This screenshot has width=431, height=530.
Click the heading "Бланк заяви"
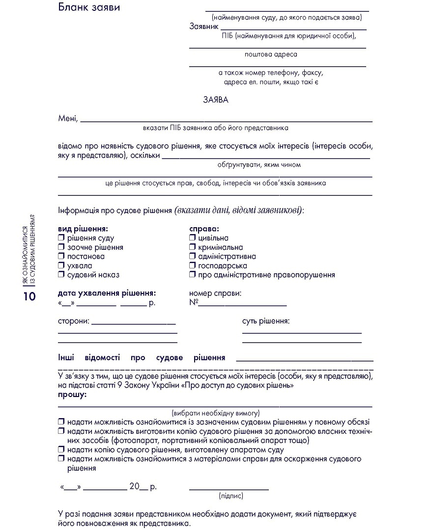tap(89, 7)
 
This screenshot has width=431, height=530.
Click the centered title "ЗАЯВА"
tap(216, 100)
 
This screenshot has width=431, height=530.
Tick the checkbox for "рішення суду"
tap(61, 238)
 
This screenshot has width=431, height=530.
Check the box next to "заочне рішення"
tap(61, 247)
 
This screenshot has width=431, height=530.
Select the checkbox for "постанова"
tap(61, 256)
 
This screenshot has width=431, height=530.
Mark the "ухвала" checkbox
tap(61, 265)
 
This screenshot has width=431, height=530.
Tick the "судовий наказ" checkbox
tap(61, 275)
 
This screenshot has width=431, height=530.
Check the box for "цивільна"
tap(193, 238)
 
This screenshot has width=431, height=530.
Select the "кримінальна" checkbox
tap(193, 247)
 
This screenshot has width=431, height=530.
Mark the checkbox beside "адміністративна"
tap(193, 256)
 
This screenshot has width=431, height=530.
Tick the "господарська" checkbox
tap(193, 265)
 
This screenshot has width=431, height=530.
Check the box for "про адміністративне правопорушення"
tap(193, 275)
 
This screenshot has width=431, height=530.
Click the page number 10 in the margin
tap(29, 296)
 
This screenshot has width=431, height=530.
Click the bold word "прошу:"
tap(72, 395)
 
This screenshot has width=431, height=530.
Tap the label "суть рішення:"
tap(265, 321)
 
